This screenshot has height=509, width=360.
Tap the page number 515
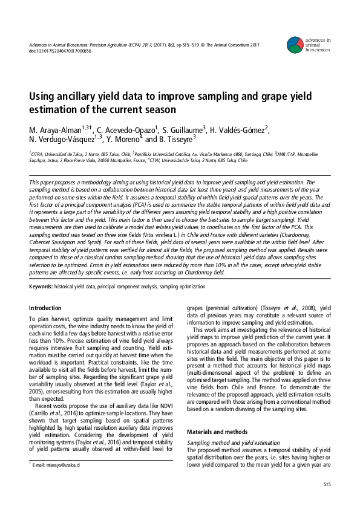[327, 484]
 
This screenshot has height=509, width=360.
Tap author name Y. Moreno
[125, 138]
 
